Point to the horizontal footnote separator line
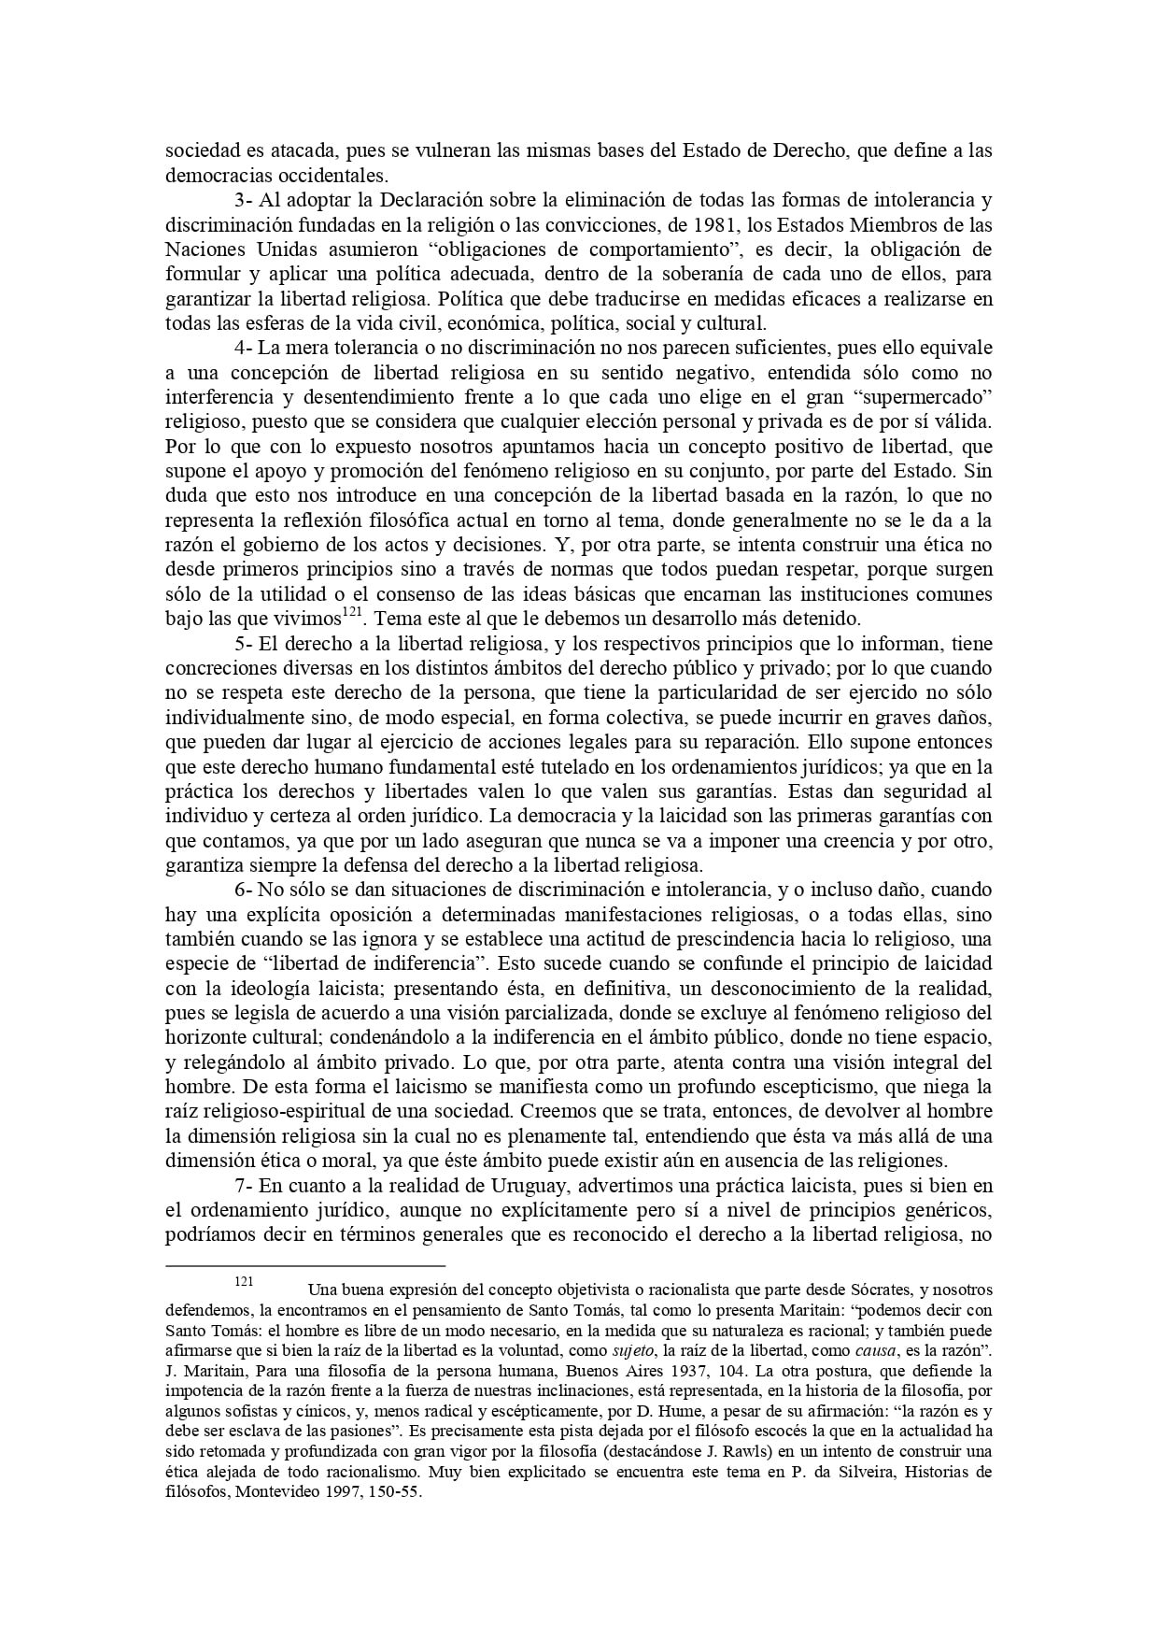[x=304, y=1266]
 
